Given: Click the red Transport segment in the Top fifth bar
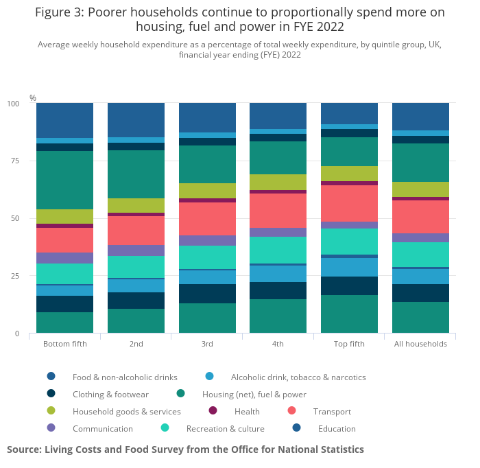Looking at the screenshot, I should pos(349,203).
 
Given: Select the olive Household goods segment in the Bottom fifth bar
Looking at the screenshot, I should pos(64,216).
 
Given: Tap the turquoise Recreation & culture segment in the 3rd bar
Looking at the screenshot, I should pos(207,257).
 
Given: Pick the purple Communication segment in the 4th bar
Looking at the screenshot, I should pos(278,232).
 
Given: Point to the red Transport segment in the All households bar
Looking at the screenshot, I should pos(420,216).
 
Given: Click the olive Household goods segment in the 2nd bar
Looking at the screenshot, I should pos(136,205).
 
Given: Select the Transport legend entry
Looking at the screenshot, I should pos(332,412).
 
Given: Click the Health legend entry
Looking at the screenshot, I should pos(247,412).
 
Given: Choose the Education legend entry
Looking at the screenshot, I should pos(337,429).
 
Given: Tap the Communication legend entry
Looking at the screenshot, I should pos(102,429).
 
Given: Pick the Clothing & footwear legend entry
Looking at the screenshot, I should pos(110,395).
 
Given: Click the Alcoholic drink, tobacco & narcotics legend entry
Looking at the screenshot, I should pos(298,377).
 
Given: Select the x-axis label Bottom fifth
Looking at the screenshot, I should pos(64,344).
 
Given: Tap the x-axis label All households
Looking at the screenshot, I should pos(420,344).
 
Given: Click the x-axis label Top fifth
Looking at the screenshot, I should pos(349,344).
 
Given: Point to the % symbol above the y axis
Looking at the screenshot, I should pos(32,98).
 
